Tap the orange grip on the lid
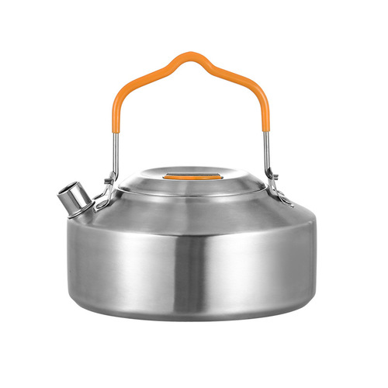pyautogui.click(x=191, y=176)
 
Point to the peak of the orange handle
pyautogui.click(x=187, y=56)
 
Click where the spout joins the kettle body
pyautogui.click(x=96, y=206)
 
